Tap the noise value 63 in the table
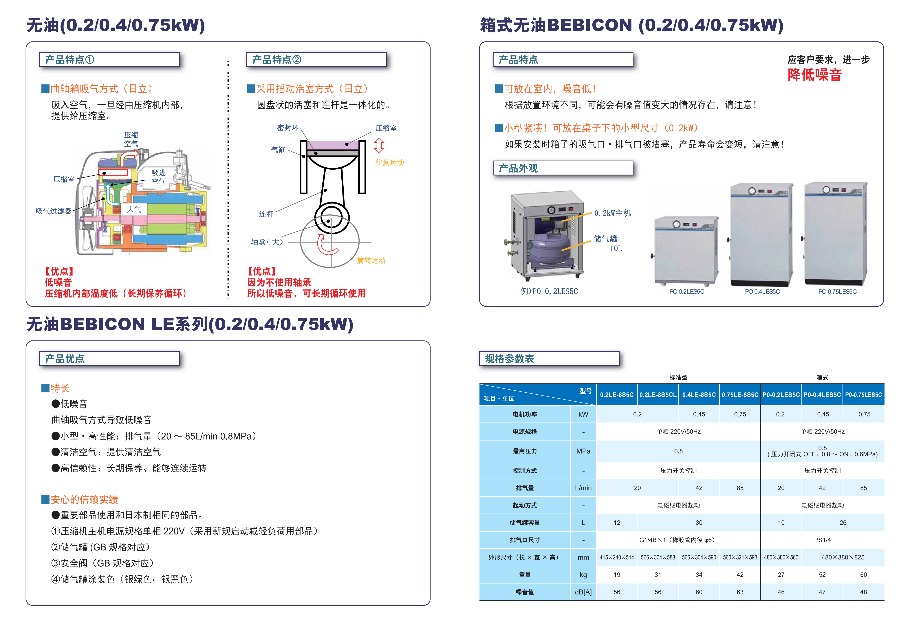[x=740, y=592]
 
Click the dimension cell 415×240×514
[x=617, y=557]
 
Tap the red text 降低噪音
[x=814, y=75]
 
